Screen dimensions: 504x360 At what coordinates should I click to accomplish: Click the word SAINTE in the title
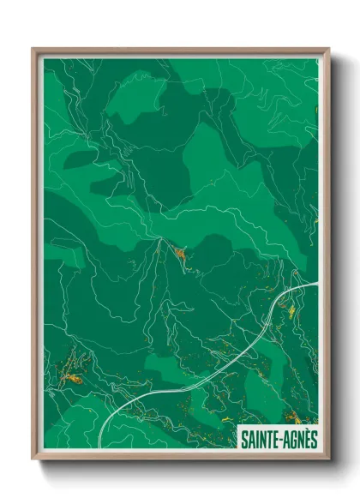click(x=259, y=437)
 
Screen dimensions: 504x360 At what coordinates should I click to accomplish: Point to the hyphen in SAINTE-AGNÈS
click(x=279, y=438)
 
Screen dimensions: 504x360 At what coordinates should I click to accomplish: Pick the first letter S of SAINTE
click(x=243, y=438)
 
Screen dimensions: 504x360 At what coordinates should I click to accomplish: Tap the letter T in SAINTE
click(x=267, y=438)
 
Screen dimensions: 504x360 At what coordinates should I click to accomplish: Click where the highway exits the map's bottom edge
click(x=100, y=446)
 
